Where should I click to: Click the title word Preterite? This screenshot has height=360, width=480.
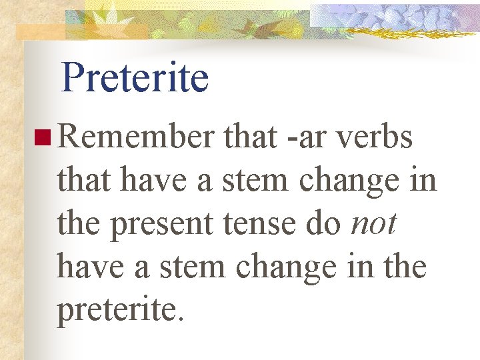[x=135, y=78]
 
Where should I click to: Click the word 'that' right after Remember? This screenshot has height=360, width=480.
[x=250, y=138]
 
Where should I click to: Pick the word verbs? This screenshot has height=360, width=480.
[x=375, y=138]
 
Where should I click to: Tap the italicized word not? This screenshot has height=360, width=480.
[x=374, y=223]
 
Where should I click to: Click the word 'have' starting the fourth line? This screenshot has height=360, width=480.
[x=87, y=266]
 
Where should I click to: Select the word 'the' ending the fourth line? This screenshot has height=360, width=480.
[x=404, y=266]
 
